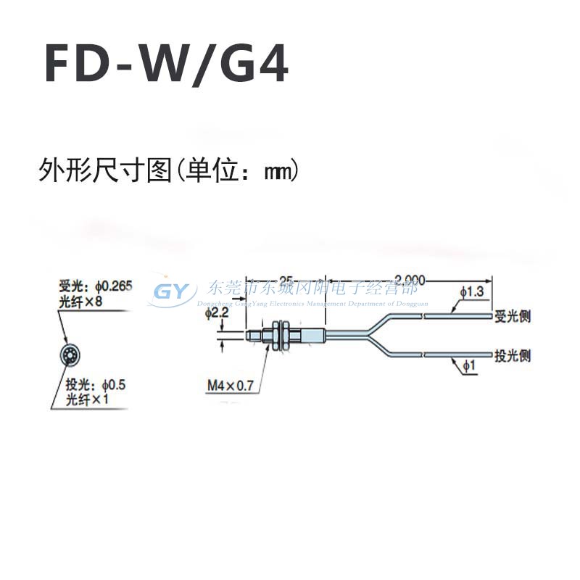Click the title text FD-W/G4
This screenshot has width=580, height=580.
pyautogui.click(x=167, y=65)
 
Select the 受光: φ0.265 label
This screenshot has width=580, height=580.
pyautogui.click(x=95, y=287)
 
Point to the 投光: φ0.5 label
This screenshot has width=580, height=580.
pyautogui.click(x=96, y=385)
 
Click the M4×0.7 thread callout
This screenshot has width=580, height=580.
pyautogui.click(x=230, y=386)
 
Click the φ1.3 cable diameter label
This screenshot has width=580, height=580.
pyautogui.click(x=471, y=291)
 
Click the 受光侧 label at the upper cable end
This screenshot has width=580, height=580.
pyautogui.click(x=512, y=315)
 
